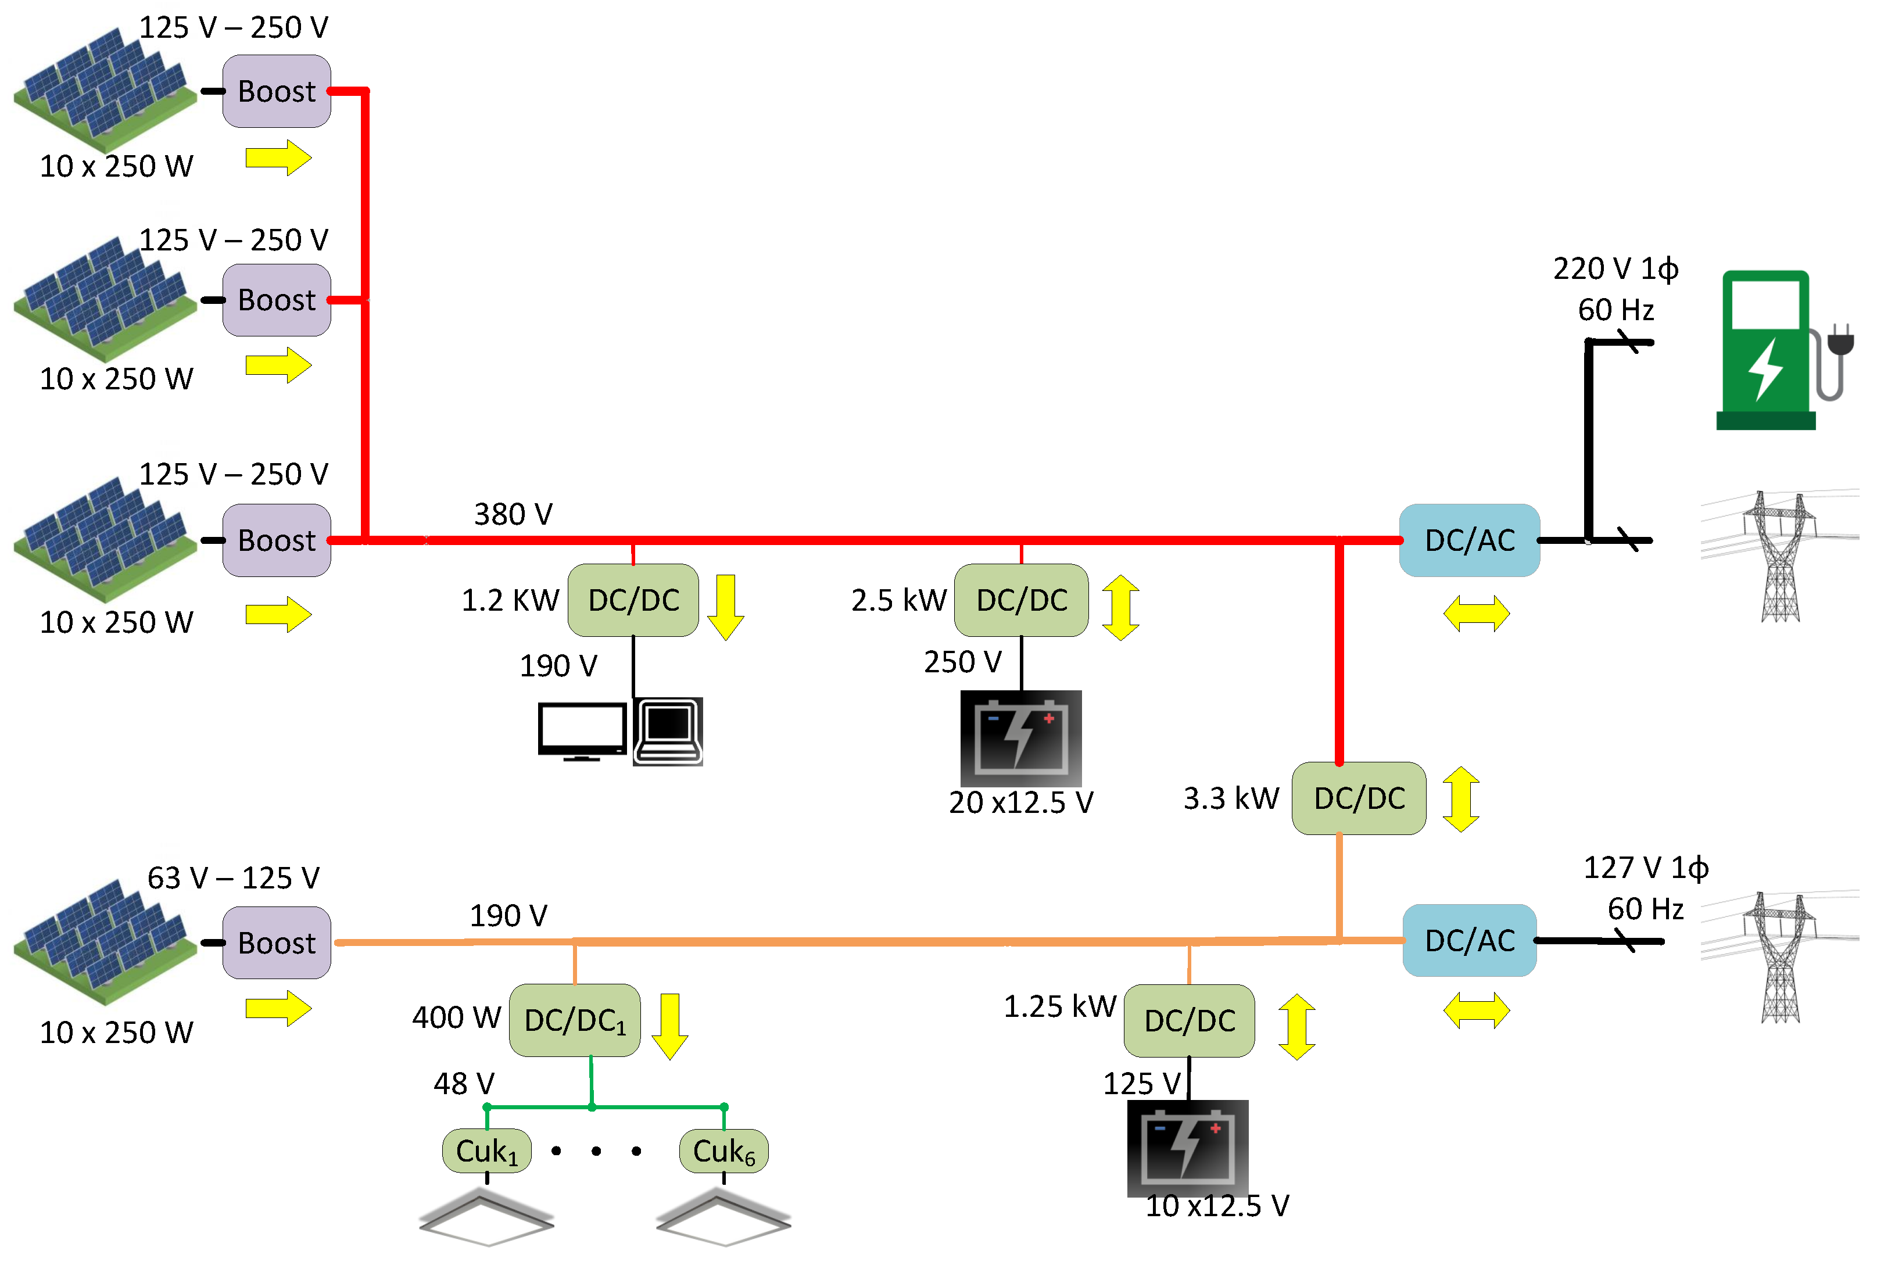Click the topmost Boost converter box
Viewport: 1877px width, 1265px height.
[276, 91]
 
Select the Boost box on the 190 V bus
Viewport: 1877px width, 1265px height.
[276, 943]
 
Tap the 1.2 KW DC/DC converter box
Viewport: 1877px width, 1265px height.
[633, 600]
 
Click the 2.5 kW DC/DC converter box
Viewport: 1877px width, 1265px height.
[1021, 600]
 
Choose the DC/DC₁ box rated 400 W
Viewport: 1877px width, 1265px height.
[574, 1020]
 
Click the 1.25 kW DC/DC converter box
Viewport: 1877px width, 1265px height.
[1189, 1020]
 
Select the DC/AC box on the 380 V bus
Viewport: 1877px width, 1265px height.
[1469, 540]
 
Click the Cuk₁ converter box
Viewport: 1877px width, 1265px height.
[486, 1151]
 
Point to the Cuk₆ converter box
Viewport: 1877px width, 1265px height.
[723, 1151]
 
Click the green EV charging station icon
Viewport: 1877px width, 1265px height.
[1775, 351]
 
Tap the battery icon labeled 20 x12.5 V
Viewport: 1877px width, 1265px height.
[1020, 738]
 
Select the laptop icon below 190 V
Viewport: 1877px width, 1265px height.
[668, 731]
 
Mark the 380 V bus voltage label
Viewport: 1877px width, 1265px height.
[513, 514]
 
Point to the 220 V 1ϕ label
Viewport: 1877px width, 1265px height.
[1615, 268]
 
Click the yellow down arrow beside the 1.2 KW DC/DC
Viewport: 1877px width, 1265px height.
[725, 607]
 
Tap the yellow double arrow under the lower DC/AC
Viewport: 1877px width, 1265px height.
[1476, 1010]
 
